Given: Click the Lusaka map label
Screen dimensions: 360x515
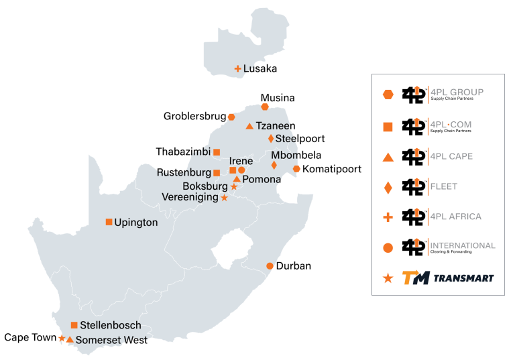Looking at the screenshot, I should [x=260, y=68].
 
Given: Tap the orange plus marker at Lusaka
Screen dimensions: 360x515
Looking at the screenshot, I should [x=237, y=68].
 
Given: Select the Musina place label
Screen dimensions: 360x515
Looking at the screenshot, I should [x=278, y=98].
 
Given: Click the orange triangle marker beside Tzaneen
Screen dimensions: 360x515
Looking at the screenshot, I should [x=249, y=126].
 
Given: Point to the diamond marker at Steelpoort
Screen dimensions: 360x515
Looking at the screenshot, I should [x=270, y=139].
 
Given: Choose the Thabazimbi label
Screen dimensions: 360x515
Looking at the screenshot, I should [x=182, y=152].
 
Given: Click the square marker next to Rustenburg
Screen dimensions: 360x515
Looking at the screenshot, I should [x=216, y=173].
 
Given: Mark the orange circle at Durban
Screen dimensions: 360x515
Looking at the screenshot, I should [x=270, y=266].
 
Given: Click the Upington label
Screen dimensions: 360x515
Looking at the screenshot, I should [x=136, y=223].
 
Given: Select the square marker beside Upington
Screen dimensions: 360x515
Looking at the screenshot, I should [x=109, y=222].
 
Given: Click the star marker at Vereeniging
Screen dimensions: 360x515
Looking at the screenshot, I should [x=224, y=198].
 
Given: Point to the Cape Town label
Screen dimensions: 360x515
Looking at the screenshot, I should [x=30, y=338].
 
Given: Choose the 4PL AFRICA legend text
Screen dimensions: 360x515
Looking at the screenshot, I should [x=457, y=217].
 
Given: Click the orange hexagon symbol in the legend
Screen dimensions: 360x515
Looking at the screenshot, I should [x=388, y=95].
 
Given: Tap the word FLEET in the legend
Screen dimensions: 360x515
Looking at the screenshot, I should [x=445, y=186].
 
